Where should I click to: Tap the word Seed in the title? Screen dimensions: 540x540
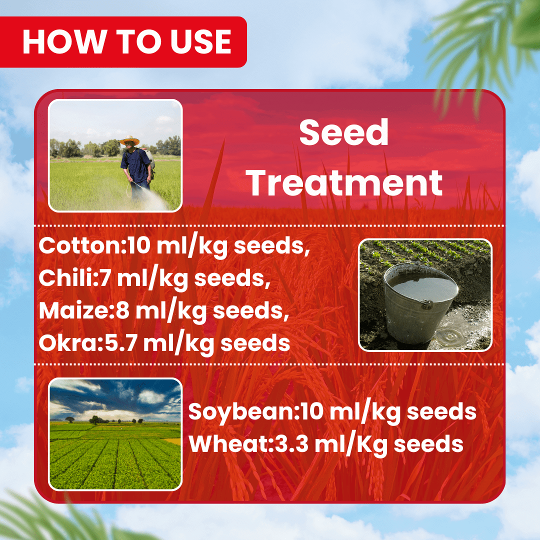point(344,133)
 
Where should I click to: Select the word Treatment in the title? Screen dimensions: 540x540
point(345,183)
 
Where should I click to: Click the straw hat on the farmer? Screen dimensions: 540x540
point(130,140)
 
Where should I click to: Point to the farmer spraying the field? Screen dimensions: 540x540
point(136,167)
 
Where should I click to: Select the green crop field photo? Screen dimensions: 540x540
point(115,433)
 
